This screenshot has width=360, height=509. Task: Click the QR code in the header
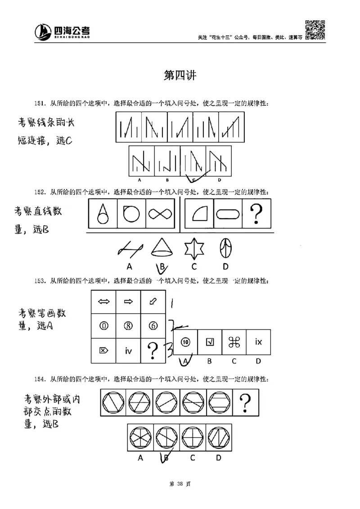click(315, 29)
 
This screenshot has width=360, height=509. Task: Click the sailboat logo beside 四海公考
click(44, 31)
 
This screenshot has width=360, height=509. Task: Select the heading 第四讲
click(180, 76)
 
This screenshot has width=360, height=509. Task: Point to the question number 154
click(40, 379)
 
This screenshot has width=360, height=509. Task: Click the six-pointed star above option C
click(193, 248)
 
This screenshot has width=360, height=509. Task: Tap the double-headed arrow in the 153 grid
click(103, 302)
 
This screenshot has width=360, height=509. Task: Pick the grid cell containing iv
click(128, 350)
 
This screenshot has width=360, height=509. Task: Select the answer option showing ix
click(258, 342)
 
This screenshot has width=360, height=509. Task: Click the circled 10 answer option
click(185, 342)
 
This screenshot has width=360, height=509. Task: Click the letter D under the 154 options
click(218, 458)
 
